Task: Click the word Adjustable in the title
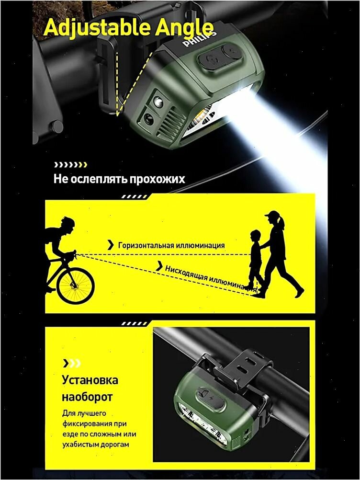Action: pyautogui.click(x=98, y=28)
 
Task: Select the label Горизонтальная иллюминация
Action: pyautogui.click(x=171, y=245)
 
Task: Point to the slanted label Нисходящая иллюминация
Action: pyautogui.click(x=211, y=278)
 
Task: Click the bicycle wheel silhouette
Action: pyautogui.click(x=76, y=286)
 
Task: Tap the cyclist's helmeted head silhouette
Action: pyautogui.click(x=67, y=224)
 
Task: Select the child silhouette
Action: pyautogui.click(x=255, y=260)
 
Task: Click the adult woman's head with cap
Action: pyautogui.click(x=274, y=217)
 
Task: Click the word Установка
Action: pyautogui.click(x=90, y=380)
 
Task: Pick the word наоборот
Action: pyautogui.click(x=87, y=397)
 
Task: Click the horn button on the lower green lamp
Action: pyautogui.click(x=203, y=392)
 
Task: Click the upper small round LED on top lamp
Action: pyautogui.click(x=158, y=102)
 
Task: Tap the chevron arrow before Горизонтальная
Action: pyautogui.click(x=111, y=245)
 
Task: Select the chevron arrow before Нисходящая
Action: pyautogui.click(x=159, y=266)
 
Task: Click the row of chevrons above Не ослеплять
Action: pyautogui.click(x=71, y=165)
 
